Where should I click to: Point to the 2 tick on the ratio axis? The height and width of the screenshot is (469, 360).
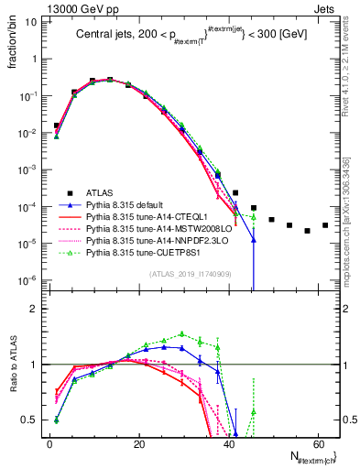tap(38, 309)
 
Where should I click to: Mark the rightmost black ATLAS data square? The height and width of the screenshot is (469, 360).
tap(325, 225)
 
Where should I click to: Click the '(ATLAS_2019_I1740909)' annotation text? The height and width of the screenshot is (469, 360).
tap(190, 275)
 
